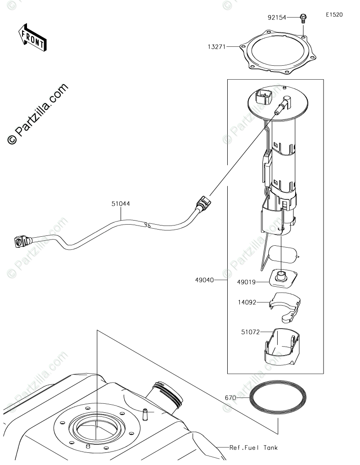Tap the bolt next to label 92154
point(303,18)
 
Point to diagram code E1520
point(334,14)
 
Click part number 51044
point(121,203)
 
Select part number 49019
point(246,282)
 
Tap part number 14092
point(247,302)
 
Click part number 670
point(230,398)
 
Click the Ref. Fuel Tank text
point(253,447)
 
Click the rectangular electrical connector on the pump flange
point(263,98)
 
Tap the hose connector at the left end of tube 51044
point(19,242)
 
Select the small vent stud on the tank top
point(145,413)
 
